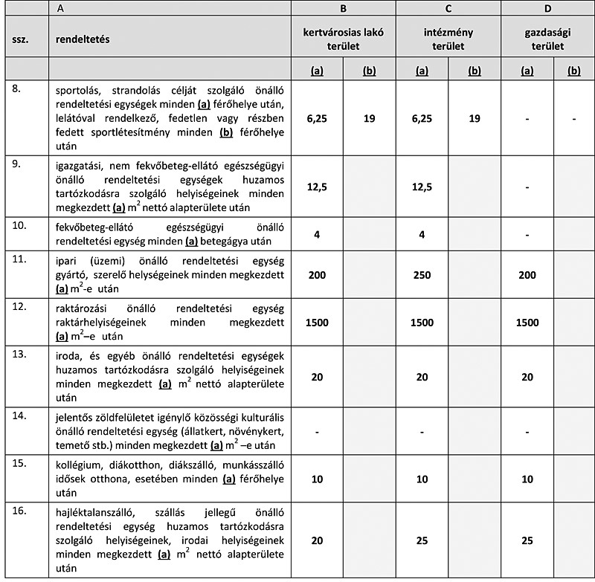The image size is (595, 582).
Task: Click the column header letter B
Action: click(x=343, y=10)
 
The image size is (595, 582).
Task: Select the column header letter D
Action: click(x=547, y=10)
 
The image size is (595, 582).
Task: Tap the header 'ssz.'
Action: click(x=20, y=39)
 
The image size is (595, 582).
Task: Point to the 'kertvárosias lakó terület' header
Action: click(x=343, y=39)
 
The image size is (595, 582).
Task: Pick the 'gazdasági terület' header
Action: click(x=547, y=39)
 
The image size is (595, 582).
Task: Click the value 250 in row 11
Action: click(x=422, y=275)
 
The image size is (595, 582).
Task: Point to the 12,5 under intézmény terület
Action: click(x=422, y=187)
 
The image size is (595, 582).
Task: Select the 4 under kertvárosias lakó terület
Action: click(x=318, y=233)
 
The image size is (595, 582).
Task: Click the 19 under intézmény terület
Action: click(x=475, y=117)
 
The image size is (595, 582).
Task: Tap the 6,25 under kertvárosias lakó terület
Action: click(x=318, y=117)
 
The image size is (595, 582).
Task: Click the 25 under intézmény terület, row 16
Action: click(x=422, y=540)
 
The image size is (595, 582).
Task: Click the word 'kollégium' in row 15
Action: click(x=80, y=465)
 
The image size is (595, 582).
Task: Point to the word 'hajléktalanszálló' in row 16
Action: click(x=94, y=513)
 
